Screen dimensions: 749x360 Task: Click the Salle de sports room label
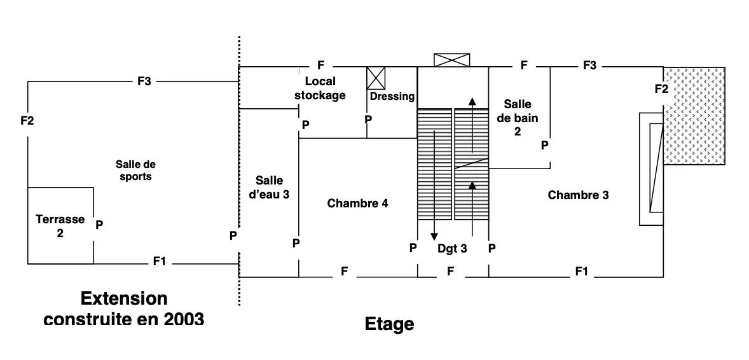135,170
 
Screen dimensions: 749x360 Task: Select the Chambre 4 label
357,204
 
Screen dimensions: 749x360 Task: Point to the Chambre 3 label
578,195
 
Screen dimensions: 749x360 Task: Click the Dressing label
392,97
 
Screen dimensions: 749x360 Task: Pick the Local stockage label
320,88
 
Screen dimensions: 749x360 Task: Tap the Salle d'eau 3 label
270,188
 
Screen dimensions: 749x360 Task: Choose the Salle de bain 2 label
518,118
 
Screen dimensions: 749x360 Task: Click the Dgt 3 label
452,248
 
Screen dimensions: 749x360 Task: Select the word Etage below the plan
389,324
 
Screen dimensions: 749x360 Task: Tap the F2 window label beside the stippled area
662,88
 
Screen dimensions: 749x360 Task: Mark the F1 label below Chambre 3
581,272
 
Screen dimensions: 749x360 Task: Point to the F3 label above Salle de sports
144,81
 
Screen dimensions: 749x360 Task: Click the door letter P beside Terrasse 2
99,225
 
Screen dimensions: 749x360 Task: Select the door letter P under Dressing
368,118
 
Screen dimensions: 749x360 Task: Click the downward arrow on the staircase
434,184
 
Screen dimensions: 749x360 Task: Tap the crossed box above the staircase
451,60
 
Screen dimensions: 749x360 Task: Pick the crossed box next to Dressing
376,78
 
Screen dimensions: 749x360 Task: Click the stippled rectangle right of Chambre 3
694,116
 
